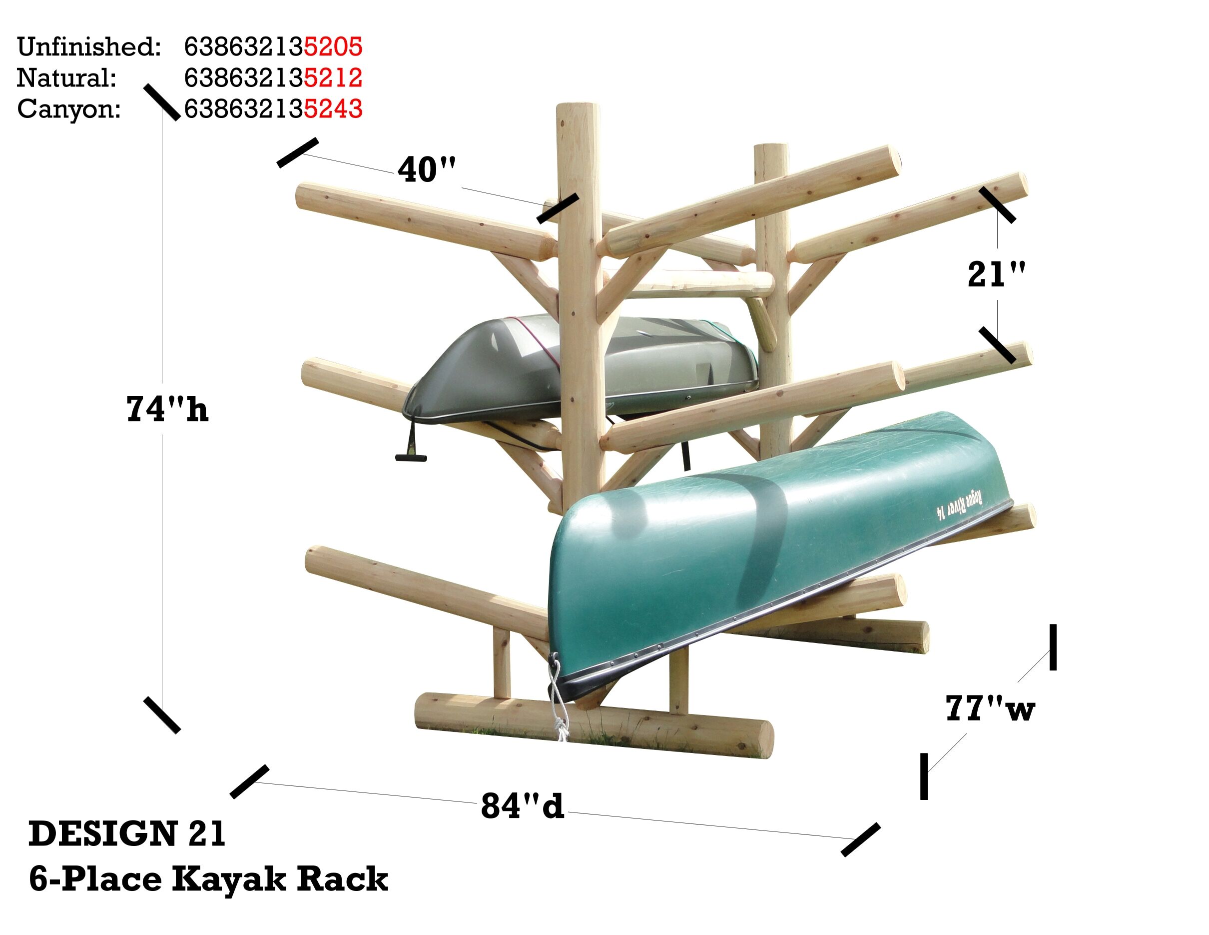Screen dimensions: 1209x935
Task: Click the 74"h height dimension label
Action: point(167,409)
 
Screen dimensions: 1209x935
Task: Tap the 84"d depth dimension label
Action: point(522,805)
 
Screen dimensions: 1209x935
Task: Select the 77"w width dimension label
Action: point(989,708)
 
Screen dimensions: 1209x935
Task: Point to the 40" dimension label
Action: point(427,169)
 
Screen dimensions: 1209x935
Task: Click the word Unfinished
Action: point(89,46)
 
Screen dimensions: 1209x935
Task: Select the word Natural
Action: point(66,77)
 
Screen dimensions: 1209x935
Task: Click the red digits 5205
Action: point(333,46)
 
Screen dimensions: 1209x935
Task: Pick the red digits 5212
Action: point(333,77)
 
